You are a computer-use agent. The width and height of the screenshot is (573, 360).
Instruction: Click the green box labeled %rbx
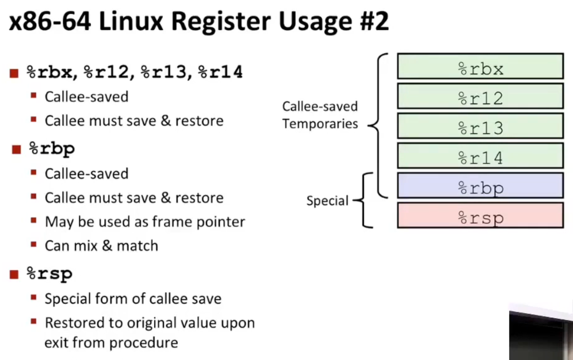[480, 66]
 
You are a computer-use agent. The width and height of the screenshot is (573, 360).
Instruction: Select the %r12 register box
[480, 96]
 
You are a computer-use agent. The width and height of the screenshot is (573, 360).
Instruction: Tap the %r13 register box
[480, 126]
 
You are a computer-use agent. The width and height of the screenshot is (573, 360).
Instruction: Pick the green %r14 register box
[480, 156]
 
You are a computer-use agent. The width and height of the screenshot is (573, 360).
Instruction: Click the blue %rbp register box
[480, 186]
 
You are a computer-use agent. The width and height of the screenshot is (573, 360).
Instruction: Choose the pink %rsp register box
[480, 216]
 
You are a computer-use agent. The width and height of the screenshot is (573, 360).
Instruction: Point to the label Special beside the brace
[327, 201]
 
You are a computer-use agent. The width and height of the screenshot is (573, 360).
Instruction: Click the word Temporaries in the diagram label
[320, 124]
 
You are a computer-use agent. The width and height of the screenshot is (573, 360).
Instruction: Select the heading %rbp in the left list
[52, 149]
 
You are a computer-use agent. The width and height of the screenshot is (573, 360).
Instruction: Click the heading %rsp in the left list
[50, 274]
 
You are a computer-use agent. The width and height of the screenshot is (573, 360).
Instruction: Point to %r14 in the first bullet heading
[220, 72]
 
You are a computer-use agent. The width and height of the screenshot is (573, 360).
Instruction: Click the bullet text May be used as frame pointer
[145, 222]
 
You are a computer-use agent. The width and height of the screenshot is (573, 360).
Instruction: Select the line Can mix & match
[101, 246]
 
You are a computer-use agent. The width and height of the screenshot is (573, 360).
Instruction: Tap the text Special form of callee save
[133, 299]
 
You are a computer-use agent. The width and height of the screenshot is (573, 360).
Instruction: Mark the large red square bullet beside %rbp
[16, 150]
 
